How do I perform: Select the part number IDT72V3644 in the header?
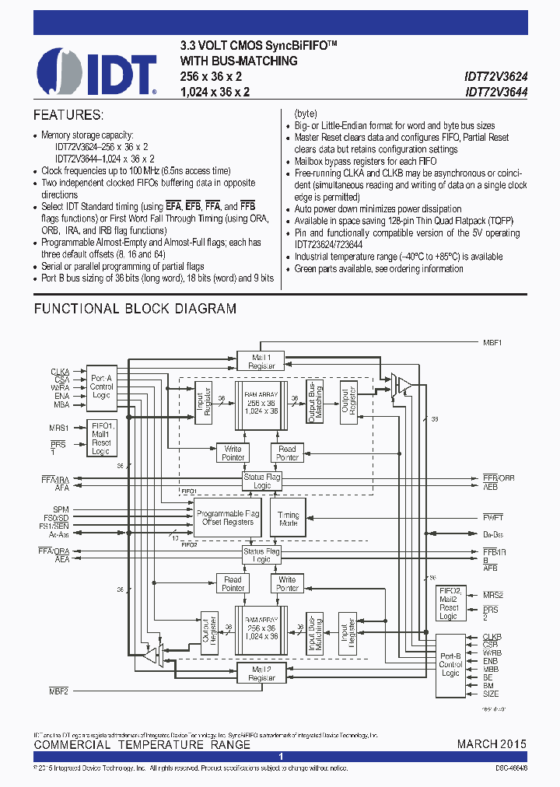point(495,91)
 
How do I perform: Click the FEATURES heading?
point(68,115)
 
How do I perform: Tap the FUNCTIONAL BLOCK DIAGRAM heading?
point(135,309)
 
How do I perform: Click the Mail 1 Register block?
point(261,361)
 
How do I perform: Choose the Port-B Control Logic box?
point(450,665)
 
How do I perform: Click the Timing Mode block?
point(288,519)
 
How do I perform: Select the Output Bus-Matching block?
point(313,402)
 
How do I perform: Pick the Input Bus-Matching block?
point(313,631)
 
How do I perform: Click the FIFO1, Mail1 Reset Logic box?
point(101,438)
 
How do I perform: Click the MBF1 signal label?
point(492,342)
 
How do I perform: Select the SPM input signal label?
point(61,509)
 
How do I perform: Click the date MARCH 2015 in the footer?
point(491,744)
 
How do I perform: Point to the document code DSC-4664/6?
point(510,768)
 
